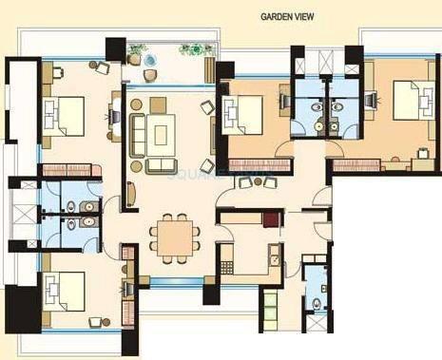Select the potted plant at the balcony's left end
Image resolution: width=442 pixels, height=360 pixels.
(x=139, y=48)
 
